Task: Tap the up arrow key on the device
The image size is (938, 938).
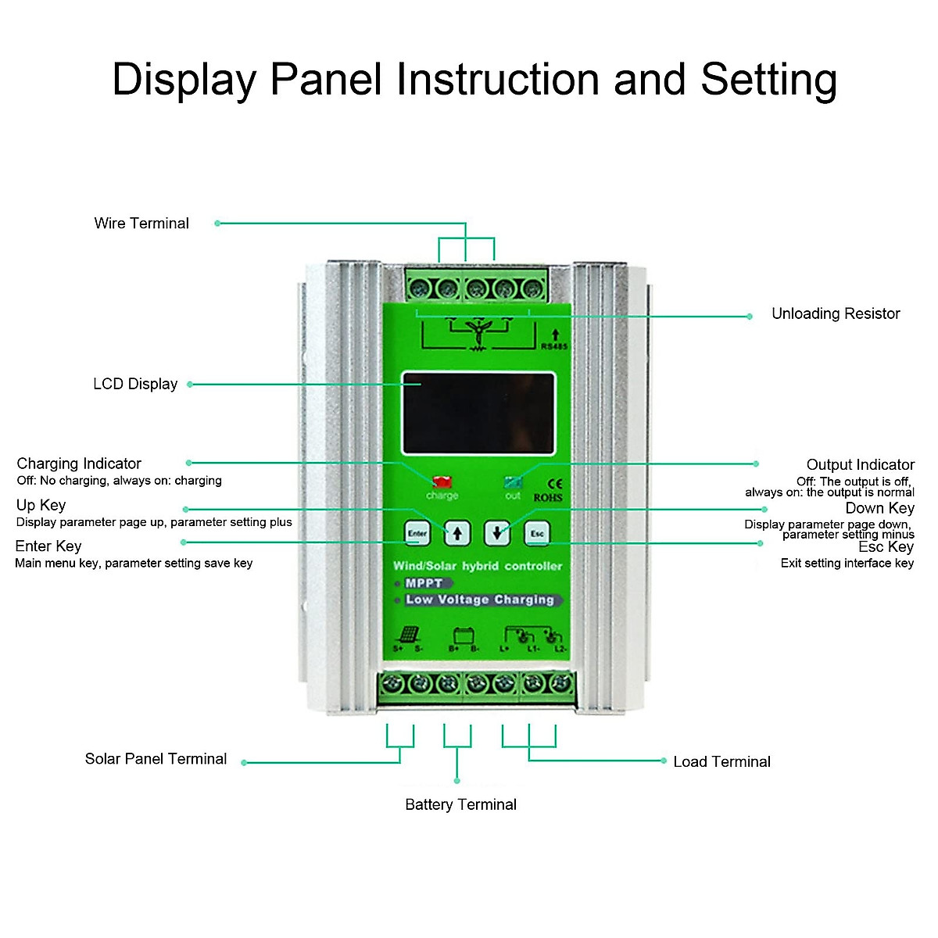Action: point(457,534)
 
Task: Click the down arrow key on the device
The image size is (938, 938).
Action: point(497,534)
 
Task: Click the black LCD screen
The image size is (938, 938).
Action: point(478,414)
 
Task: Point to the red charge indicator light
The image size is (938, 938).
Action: point(442,482)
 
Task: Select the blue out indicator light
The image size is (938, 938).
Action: point(513,482)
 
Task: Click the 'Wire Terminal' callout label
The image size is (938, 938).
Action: point(141,224)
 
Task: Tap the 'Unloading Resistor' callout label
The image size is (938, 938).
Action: point(836,314)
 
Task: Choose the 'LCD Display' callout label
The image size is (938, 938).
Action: point(135,385)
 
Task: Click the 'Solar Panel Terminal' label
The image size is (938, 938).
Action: point(156,759)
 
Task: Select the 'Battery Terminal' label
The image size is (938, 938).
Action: point(460,804)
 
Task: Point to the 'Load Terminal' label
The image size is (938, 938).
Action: point(721,762)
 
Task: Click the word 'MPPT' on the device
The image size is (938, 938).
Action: point(424,583)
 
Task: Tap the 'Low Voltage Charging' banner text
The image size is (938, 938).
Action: point(480,600)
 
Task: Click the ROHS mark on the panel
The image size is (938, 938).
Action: point(548,498)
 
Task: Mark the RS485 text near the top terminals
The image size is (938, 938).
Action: point(554,346)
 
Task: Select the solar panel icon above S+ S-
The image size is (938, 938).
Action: point(409,634)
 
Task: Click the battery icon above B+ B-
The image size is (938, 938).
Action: point(464,635)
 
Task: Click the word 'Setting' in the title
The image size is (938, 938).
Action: point(768,80)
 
